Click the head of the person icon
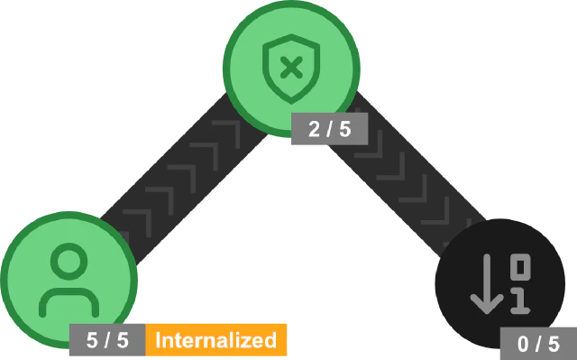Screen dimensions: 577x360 (68, 261)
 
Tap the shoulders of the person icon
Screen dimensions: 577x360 (68, 300)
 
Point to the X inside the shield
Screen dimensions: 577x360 (289, 66)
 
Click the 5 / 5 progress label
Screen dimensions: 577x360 (106, 341)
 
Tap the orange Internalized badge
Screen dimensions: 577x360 (215, 340)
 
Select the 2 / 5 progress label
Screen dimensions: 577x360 (329, 129)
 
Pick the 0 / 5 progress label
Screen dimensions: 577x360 (538, 344)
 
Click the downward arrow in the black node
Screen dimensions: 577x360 (487, 285)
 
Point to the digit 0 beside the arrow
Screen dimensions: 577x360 (520, 267)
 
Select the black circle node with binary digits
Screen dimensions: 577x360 (469, 262)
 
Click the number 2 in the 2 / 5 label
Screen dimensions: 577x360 (315, 129)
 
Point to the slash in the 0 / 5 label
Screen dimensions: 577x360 (538, 344)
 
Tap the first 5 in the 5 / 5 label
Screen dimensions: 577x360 (92, 341)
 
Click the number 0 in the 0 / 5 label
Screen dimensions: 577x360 (524, 344)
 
